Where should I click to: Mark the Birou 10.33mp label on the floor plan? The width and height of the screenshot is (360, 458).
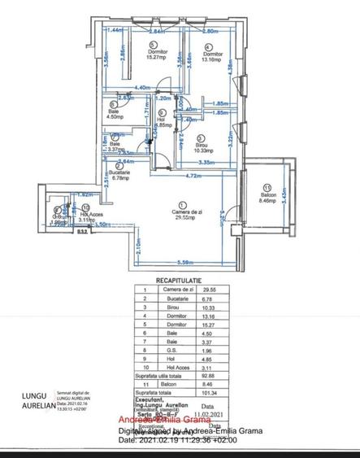[203, 147]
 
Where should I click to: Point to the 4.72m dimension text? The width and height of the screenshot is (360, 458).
[191, 174]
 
